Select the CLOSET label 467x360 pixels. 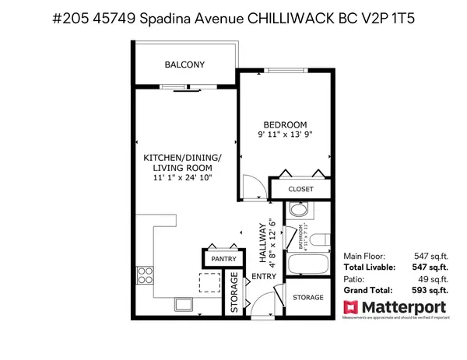point(300,189)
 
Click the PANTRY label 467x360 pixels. point(217,260)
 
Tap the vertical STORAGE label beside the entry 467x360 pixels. point(234,292)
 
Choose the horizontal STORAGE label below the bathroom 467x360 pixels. point(308,297)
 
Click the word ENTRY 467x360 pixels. point(259,278)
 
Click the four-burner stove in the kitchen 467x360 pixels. point(145,275)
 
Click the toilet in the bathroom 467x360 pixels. point(297,210)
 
